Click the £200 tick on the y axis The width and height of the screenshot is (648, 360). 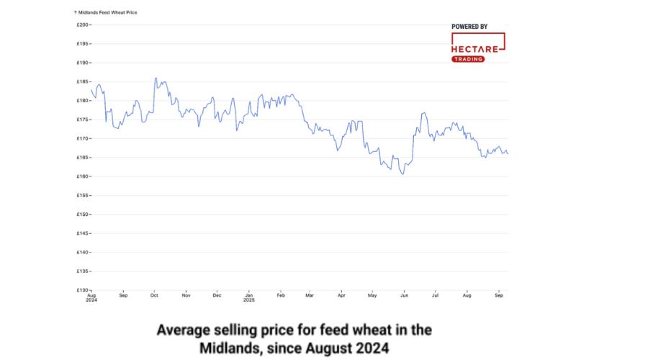click(x=82, y=24)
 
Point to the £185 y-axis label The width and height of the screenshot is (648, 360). click(x=82, y=81)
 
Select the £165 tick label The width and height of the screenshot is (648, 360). click(x=82, y=158)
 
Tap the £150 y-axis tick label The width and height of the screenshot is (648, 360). click(x=82, y=215)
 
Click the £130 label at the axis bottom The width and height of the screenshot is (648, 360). click(x=82, y=290)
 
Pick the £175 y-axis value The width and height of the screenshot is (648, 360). click(x=82, y=120)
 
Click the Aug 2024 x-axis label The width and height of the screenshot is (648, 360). click(x=91, y=297)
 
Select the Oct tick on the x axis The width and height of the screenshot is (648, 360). click(x=154, y=295)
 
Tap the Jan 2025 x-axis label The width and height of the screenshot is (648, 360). click(x=248, y=297)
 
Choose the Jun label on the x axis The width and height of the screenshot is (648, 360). click(x=404, y=295)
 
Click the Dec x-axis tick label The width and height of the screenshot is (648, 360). click(x=217, y=295)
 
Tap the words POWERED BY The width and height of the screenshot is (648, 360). click(x=469, y=27)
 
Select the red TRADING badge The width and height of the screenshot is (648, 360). click(x=468, y=59)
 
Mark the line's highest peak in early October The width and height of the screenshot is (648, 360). click(x=156, y=78)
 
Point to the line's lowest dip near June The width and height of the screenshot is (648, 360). click(x=403, y=174)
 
